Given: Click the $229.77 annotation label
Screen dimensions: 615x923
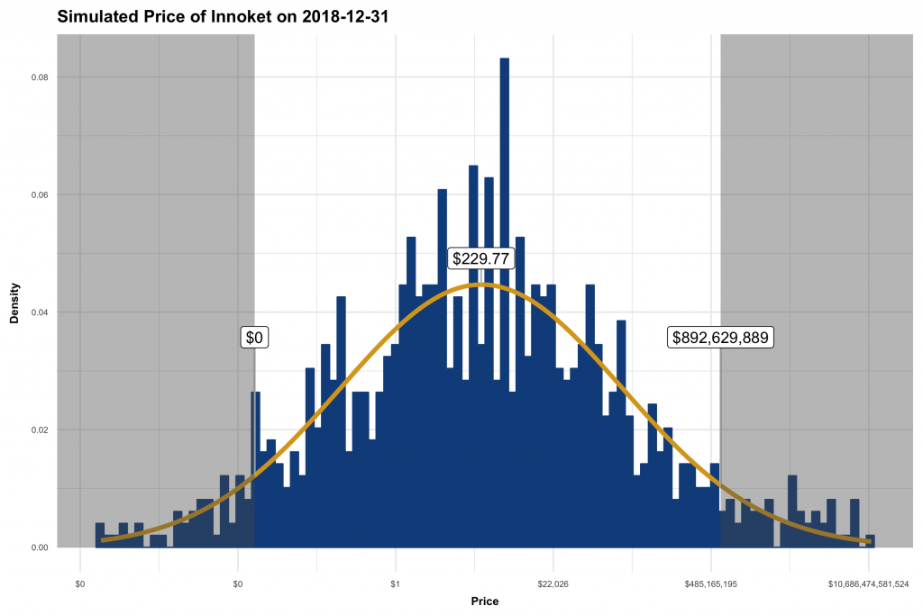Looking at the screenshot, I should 480,258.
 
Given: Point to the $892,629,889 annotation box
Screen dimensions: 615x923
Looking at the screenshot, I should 720,338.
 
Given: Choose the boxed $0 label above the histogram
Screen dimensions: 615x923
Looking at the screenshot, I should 254,338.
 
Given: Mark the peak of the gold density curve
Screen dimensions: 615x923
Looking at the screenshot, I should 482,285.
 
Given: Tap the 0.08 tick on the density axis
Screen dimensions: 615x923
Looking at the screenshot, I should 40,77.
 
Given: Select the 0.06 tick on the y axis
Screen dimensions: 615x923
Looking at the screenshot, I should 40,195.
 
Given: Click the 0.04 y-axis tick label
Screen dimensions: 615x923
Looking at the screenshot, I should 40,312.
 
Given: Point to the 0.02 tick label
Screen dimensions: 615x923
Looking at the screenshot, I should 40,430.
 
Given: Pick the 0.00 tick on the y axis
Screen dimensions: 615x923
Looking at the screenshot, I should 40,547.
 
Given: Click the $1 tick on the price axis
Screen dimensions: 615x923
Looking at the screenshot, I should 395,584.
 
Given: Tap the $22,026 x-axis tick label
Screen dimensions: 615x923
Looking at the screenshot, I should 553,584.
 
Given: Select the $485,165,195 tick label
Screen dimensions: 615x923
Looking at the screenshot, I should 710,584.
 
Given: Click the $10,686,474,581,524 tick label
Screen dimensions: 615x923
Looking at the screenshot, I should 868,584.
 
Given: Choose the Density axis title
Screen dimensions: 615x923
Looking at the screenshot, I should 14,304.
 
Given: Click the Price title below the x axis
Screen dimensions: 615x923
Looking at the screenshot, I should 484,601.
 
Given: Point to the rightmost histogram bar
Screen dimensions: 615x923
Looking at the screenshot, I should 870,541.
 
